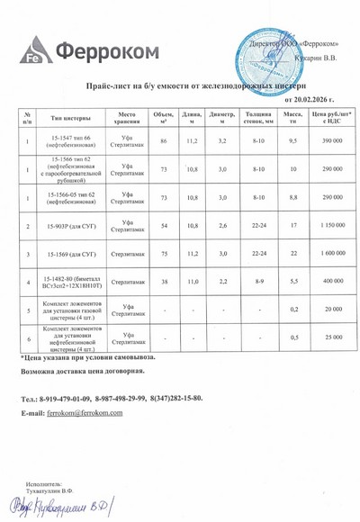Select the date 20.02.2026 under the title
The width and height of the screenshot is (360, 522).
click(310, 98)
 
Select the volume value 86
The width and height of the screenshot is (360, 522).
click(163, 141)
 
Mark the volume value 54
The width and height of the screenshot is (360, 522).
click(163, 224)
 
